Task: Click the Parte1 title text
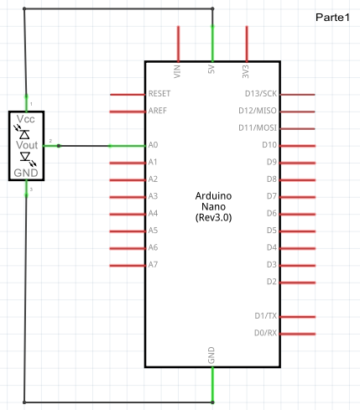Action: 332,18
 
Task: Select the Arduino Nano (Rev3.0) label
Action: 213,206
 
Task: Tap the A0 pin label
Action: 153,145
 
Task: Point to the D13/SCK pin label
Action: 261,94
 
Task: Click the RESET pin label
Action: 159,94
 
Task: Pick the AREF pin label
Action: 158,111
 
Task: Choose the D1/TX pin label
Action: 265,316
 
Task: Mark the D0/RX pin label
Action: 265,333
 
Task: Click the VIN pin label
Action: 177,71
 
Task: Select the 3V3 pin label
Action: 245,71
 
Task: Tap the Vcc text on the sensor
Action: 26,119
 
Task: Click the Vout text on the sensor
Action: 27,145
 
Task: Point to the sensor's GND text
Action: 26,173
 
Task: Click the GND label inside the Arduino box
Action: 211,356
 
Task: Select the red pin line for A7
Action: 128,266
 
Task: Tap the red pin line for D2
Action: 297,283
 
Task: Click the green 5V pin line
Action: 212,44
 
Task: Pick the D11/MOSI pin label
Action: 258,127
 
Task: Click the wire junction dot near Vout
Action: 59,146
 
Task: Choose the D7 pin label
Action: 272,196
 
